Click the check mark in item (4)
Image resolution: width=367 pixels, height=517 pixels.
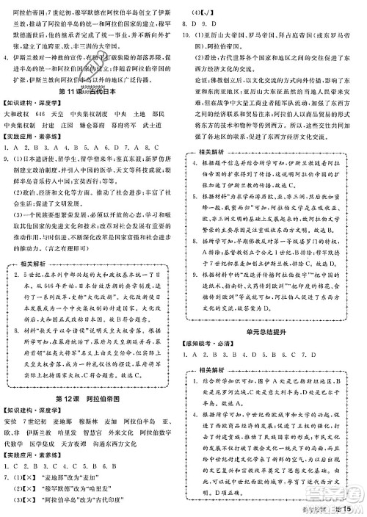[201, 13]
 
